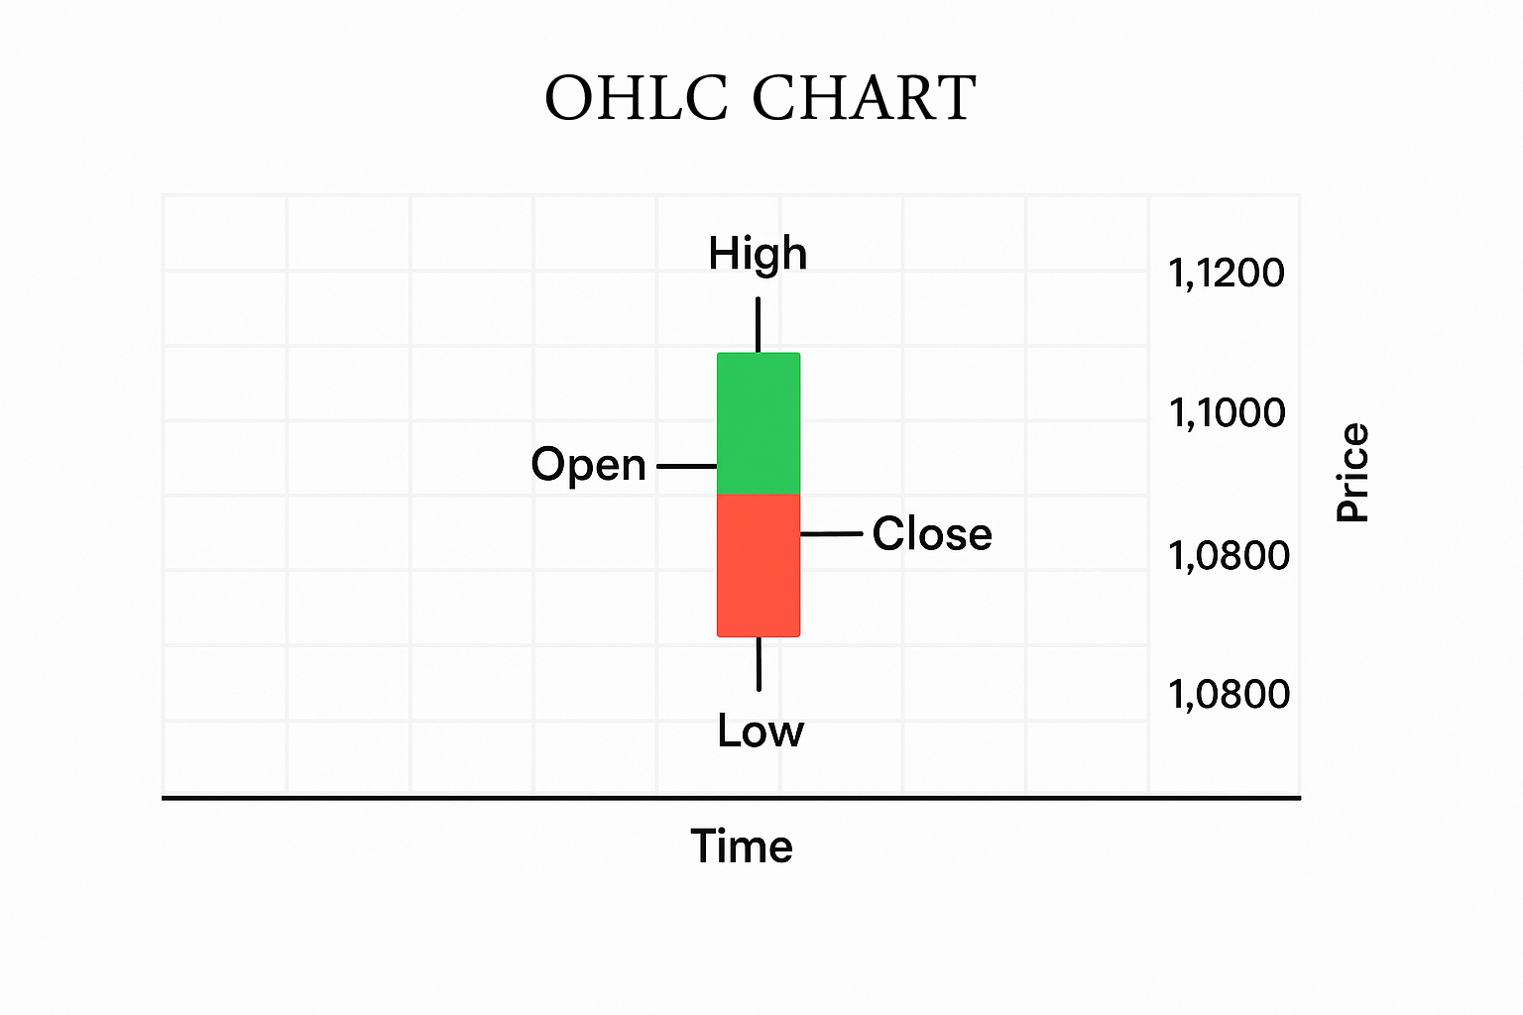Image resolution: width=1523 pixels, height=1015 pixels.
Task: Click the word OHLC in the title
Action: (x=637, y=98)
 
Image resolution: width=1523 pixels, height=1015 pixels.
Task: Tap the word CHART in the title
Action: (x=865, y=98)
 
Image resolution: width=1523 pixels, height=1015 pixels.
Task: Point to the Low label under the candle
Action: (x=761, y=731)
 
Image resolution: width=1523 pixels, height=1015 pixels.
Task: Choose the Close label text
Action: (x=932, y=533)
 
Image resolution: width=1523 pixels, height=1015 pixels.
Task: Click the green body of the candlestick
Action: (x=759, y=423)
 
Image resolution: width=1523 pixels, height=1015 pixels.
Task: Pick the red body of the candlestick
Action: (x=759, y=566)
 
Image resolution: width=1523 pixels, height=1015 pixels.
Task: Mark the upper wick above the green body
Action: (x=759, y=325)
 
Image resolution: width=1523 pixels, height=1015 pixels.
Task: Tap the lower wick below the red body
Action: (x=759, y=664)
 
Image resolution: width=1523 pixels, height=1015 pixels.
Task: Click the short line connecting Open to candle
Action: (x=687, y=467)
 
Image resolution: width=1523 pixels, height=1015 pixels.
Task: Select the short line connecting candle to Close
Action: (x=832, y=534)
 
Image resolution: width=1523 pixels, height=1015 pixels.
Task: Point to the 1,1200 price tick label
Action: (x=1226, y=274)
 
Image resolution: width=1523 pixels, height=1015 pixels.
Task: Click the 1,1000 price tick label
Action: (x=1227, y=413)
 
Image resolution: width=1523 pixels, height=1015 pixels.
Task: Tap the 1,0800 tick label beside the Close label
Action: (x=1229, y=556)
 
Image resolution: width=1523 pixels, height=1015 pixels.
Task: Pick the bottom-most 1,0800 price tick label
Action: (x=1229, y=695)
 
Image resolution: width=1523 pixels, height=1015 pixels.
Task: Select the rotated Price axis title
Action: (x=1351, y=473)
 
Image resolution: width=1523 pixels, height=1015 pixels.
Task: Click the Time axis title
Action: (x=742, y=846)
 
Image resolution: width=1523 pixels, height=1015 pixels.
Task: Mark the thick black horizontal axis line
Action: (x=731, y=798)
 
